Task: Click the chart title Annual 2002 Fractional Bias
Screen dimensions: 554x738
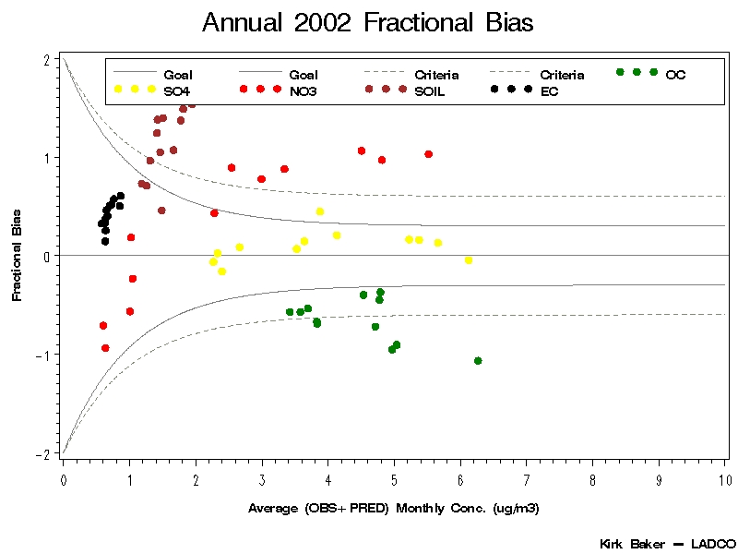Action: pyautogui.click(x=367, y=23)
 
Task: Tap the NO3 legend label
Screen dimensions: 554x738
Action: pyautogui.click(x=304, y=91)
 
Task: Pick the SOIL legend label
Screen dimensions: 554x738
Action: pyautogui.click(x=431, y=91)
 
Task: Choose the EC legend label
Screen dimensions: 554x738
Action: pyautogui.click(x=549, y=91)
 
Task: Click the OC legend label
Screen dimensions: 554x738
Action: pyautogui.click(x=675, y=74)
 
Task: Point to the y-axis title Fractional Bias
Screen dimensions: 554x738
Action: pyautogui.click(x=17, y=256)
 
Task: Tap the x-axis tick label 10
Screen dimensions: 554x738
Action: pyautogui.click(x=725, y=480)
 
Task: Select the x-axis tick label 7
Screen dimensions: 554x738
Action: pyautogui.click(x=527, y=480)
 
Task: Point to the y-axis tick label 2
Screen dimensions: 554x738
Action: pyautogui.click(x=46, y=59)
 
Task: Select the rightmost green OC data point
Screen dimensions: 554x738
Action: pyautogui.click(x=478, y=361)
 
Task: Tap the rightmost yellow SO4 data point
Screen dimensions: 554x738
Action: pyautogui.click(x=469, y=260)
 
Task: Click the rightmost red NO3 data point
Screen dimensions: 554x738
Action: pyautogui.click(x=428, y=154)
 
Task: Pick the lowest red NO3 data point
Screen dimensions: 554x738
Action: pyautogui.click(x=105, y=348)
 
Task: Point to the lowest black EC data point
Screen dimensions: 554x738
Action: pyautogui.click(x=105, y=242)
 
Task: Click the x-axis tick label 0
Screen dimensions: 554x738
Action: pyautogui.click(x=63, y=480)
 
